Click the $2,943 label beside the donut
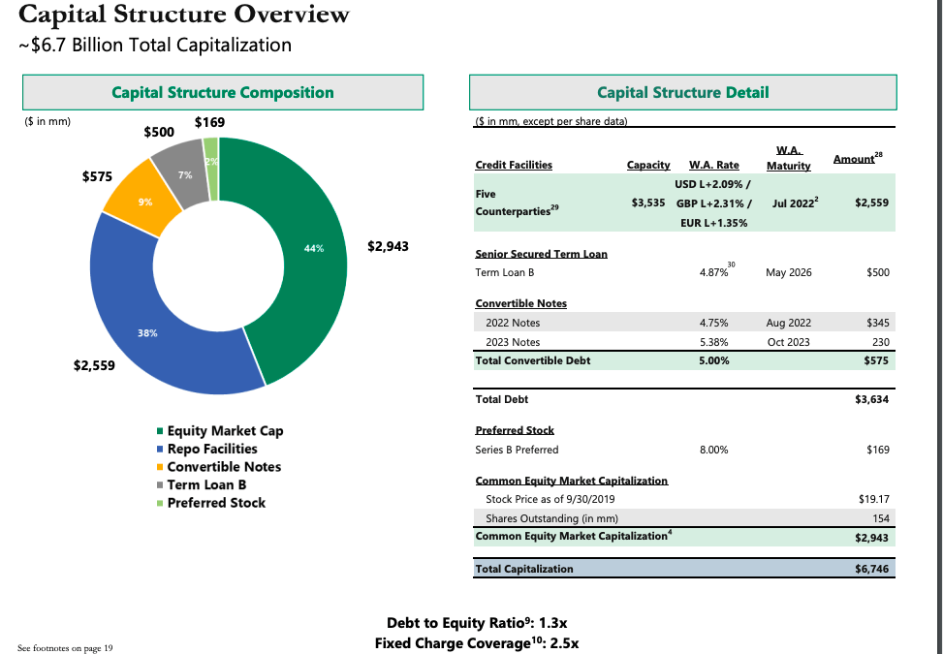click(388, 246)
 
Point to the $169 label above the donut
click(209, 122)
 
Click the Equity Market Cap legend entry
click(225, 431)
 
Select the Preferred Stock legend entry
click(216, 503)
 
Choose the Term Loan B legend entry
click(206, 484)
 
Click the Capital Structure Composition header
click(223, 93)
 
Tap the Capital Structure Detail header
click(682, 93)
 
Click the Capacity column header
click(647, 166)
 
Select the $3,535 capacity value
click(647, 202)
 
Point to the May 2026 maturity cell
click(788, 272)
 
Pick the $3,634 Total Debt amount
click(872, 398)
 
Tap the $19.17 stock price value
click(873, 499)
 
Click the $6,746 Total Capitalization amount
click(872, 569)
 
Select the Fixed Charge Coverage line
click(476, 642)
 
